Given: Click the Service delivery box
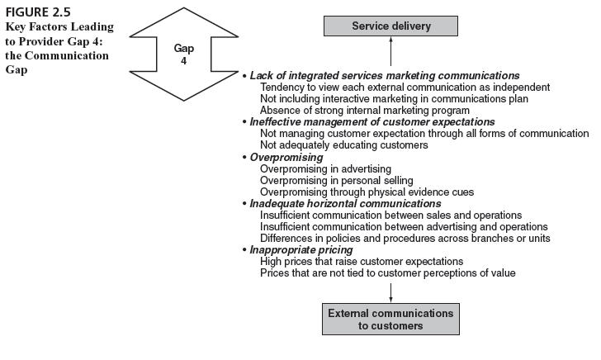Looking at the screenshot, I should [x=390, y=26].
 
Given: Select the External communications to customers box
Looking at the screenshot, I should [x=390, y=320].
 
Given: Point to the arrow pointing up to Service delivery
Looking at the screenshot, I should [x=390, y=53].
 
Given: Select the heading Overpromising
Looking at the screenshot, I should [x=286, y=157].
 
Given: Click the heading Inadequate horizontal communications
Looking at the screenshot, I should [x=345, y=203].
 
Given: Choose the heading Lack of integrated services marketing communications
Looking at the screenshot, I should [x=385, y=75].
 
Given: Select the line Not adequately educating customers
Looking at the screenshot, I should [x=343, y=144].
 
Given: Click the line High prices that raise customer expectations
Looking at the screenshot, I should [x=361, y=261].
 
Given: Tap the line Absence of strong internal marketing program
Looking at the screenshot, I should [x=364, y=110].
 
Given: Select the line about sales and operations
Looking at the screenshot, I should [x=390, y=215].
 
